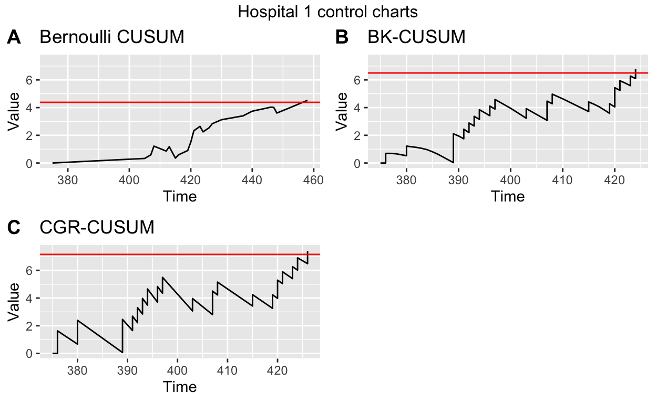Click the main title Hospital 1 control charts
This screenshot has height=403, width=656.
pos(328,12)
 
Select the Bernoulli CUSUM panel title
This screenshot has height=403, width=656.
pos(112,37)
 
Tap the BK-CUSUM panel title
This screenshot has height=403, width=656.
pos(416,37)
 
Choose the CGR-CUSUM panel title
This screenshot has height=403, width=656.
pos(97,228)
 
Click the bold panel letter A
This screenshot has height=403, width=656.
pos(14,37)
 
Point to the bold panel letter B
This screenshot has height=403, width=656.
pos(342,37)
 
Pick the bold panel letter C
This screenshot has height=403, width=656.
pos(14,228)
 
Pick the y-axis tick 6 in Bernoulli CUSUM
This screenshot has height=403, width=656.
pos(31,80)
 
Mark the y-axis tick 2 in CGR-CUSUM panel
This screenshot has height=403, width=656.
pos(31,326)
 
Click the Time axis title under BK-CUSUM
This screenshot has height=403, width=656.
pos(508,196)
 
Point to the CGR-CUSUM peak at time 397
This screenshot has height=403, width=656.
pos(163,277)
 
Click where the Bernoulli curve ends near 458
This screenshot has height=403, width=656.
pos(307,100)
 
